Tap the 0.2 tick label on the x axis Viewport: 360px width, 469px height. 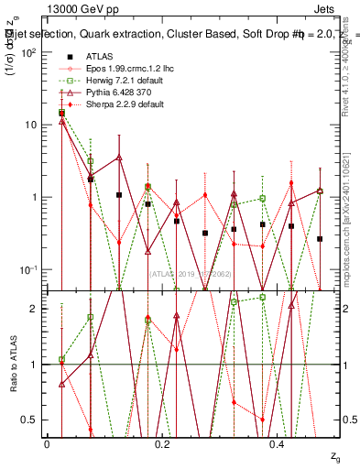pyautogui.click(x=163, y=443)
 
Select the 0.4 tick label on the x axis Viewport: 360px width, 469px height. pyautogui.click(x=278, y=443)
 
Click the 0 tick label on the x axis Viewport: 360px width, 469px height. pyautogui.click(x=47, y=443)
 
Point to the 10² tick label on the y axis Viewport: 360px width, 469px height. pyautogui.click(x=29, y=52)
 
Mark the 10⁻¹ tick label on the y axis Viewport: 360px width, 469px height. pyautogui.click(x=28, y=269)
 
